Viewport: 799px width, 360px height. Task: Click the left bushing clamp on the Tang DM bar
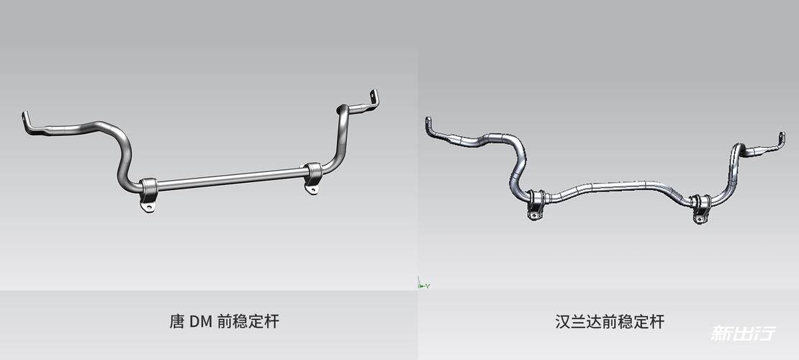(148, 189)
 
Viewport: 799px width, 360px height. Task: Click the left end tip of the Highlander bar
(428, 122)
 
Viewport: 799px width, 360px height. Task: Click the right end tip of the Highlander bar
(782, 138)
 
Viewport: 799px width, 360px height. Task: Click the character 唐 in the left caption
(176, 322)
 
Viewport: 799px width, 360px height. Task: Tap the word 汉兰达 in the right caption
(577, 322)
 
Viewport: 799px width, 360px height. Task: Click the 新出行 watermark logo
(744, 333)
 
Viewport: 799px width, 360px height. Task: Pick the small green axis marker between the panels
(422, 284)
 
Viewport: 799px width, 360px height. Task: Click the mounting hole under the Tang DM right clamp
(311, 190)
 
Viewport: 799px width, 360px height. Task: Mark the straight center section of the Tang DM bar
(230, 179)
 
